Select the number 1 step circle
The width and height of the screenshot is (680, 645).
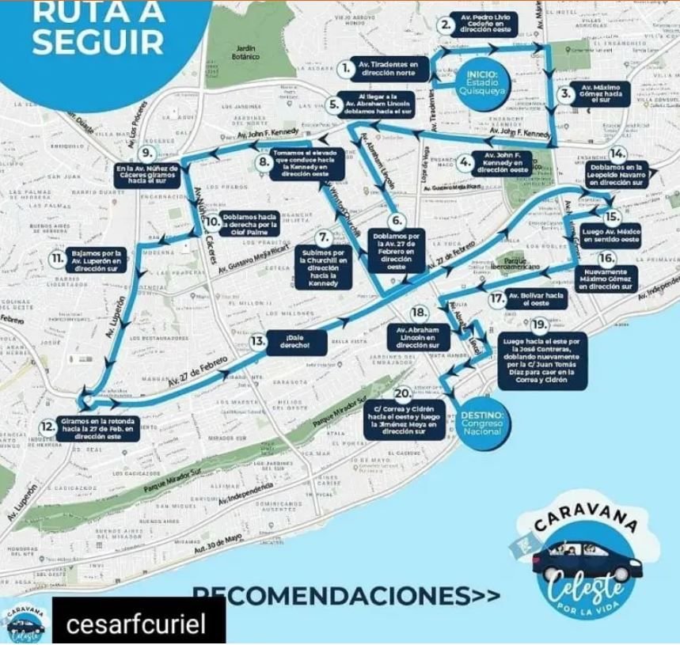345,68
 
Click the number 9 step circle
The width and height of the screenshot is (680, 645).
146,153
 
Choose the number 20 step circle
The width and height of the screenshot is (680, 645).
402,394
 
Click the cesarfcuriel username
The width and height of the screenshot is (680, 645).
135,624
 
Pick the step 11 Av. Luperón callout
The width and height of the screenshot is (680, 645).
97,260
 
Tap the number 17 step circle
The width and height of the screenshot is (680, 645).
497,298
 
